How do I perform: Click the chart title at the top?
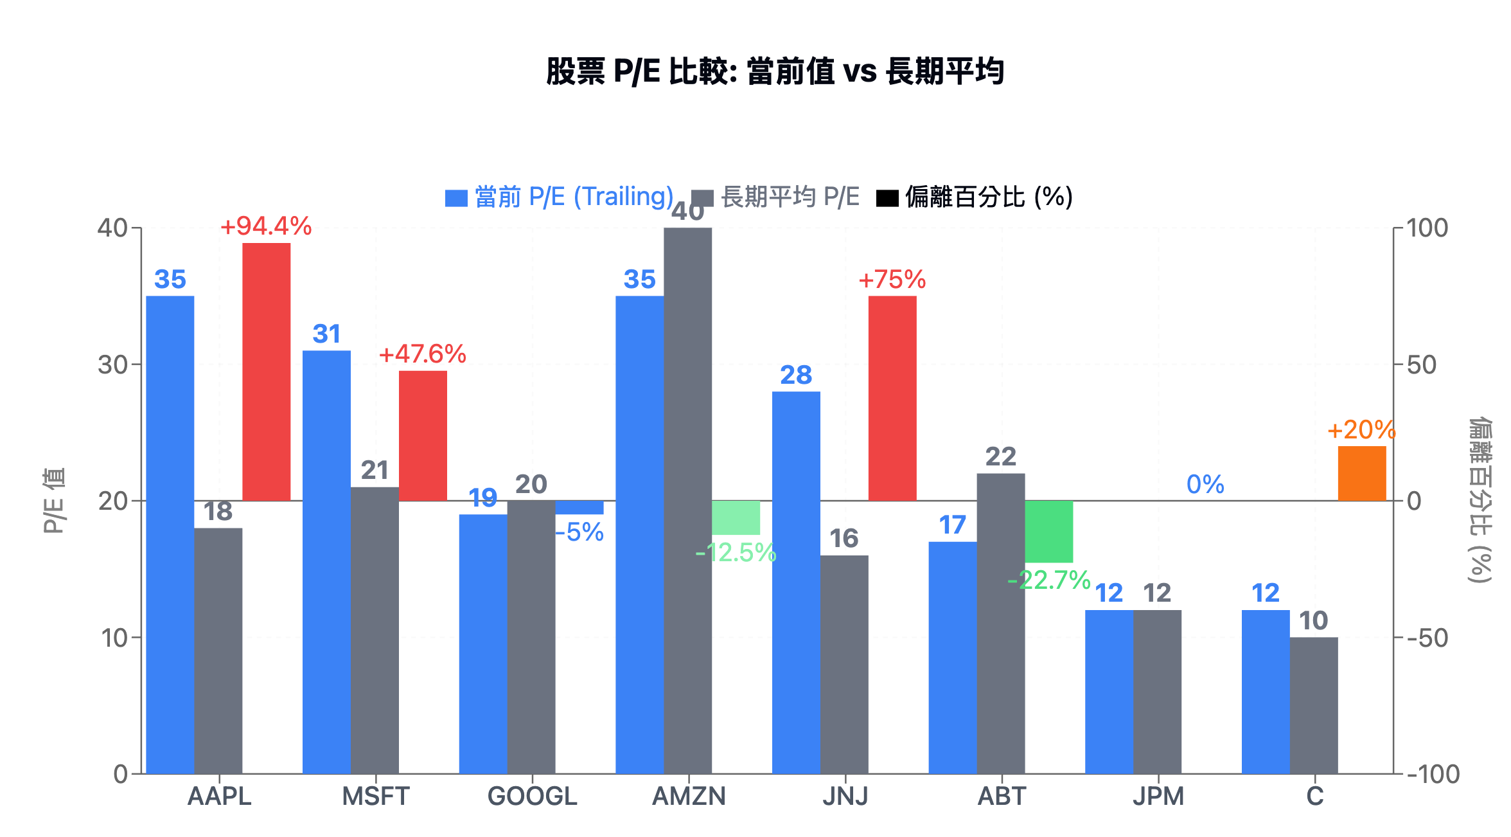point(774,71)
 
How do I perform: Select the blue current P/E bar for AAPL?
point(170,534)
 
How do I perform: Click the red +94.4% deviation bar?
point(266,372)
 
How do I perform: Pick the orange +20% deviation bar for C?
point(1361,473)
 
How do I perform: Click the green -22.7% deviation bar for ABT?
point(1048,531)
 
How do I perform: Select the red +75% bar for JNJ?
point(892,398)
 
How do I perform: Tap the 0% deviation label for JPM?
point(1205,485)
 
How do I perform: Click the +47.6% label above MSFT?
point(422,354)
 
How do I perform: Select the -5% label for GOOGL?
point(579,532)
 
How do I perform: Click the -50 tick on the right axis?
point(1427,638)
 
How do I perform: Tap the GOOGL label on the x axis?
point(532,797)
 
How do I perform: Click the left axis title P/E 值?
point(55,501)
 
